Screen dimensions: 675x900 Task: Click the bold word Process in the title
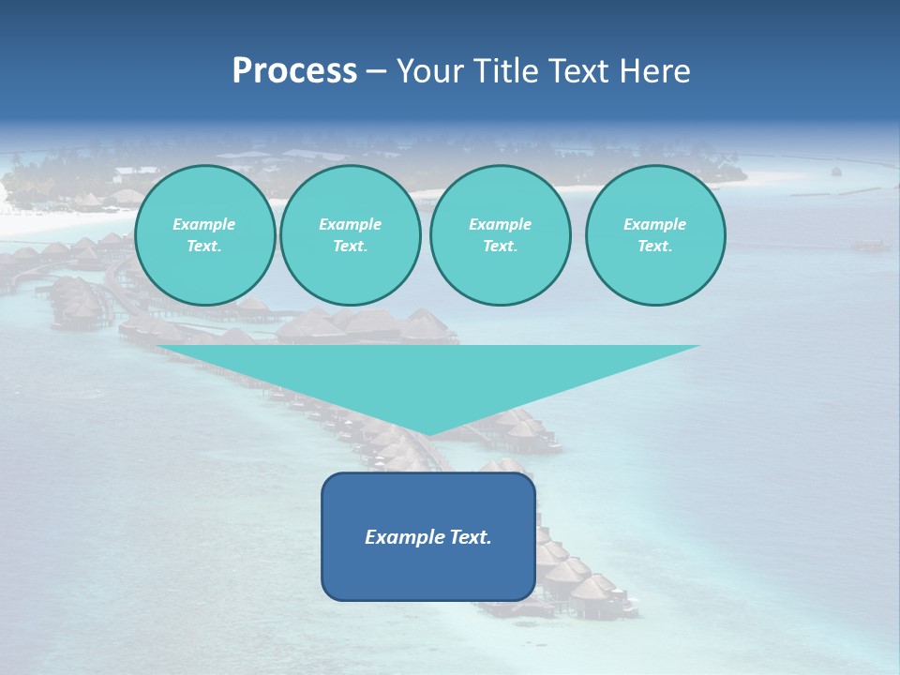coord(294,71)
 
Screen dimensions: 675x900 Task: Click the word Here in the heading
coord(653,71)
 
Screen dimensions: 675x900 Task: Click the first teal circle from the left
coord(204,235)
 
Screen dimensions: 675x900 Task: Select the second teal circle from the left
coord(350,235)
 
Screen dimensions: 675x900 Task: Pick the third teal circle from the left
coord(500,235)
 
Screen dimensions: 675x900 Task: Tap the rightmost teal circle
coord(655,235)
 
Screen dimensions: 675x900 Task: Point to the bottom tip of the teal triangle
coord(428,434)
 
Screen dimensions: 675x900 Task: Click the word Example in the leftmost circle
coord(204,224)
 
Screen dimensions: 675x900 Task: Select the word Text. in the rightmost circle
coord(655,247)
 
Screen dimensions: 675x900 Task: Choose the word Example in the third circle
coord(500,224)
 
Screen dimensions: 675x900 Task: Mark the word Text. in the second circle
coord(350,247)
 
